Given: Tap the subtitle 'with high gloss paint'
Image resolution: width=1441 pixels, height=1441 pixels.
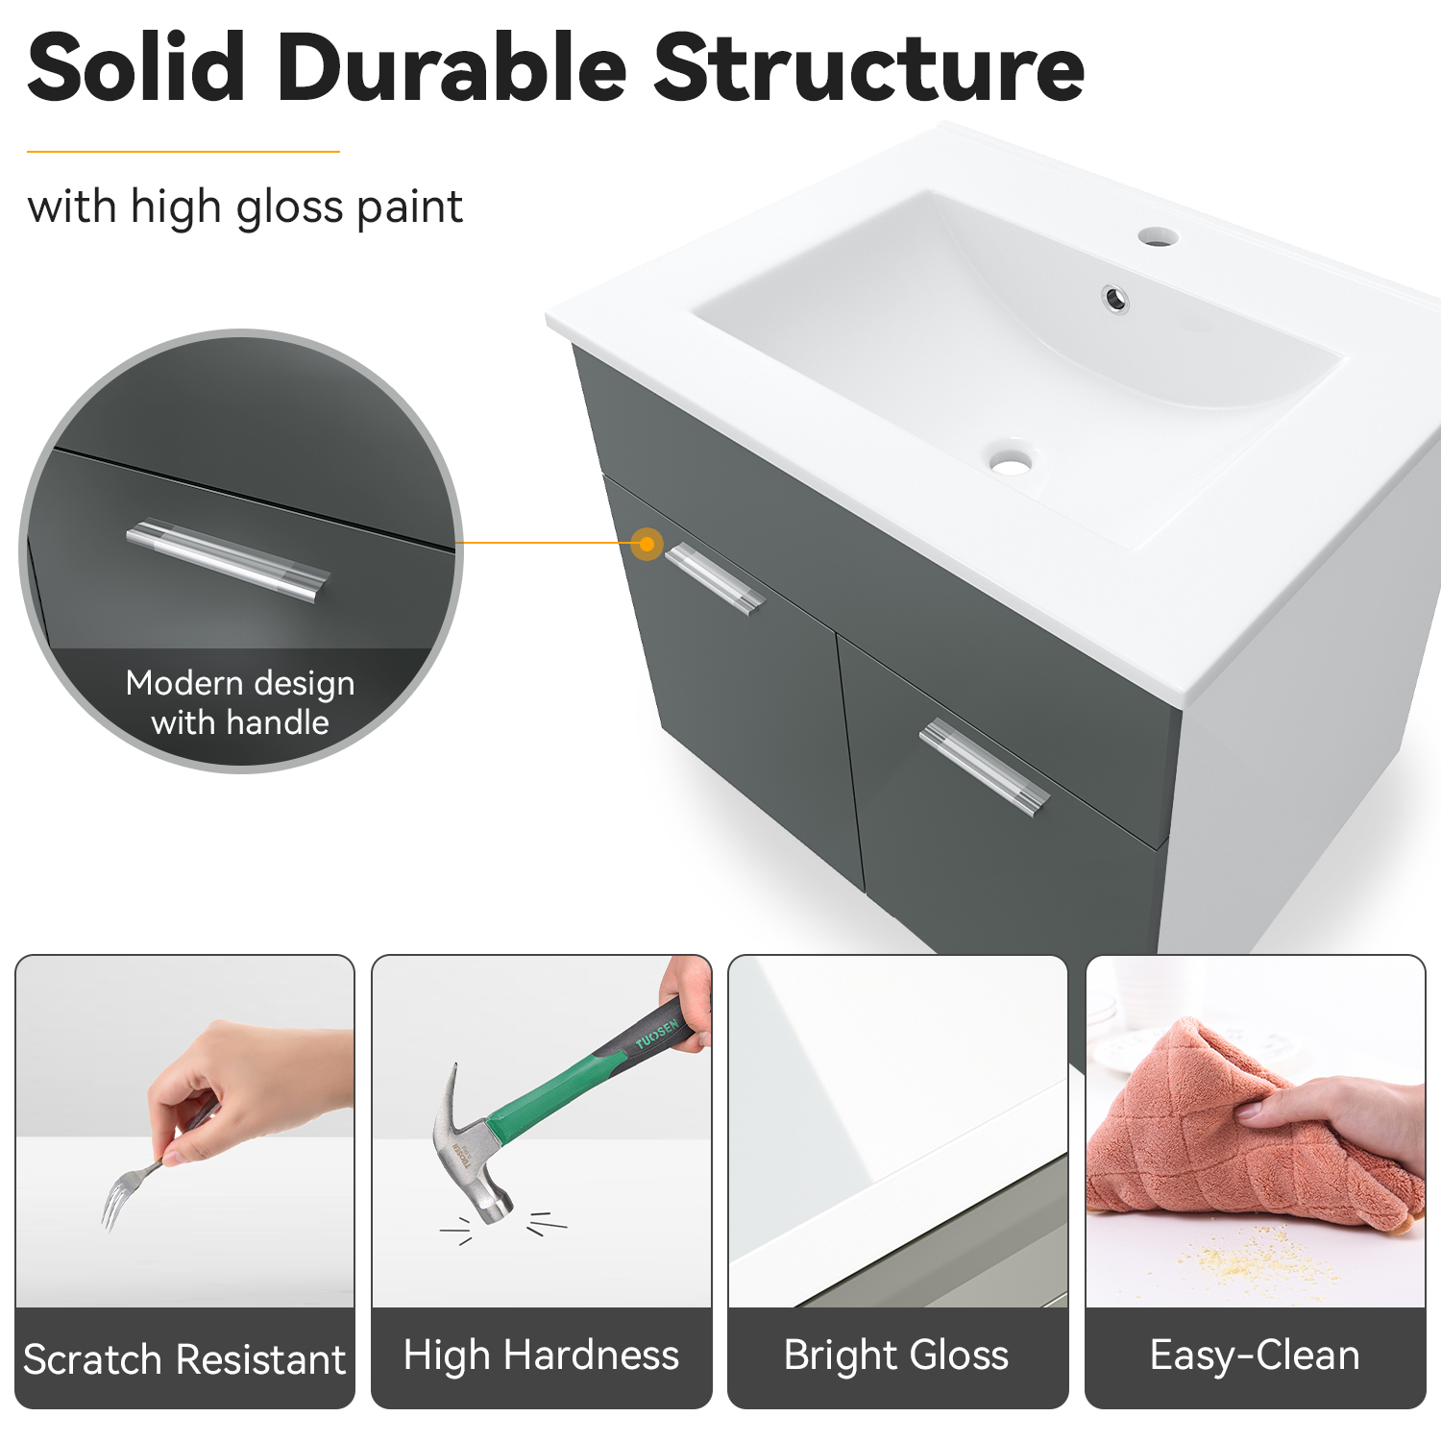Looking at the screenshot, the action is [245, 208].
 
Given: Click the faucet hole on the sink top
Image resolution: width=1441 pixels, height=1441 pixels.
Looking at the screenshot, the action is [1158, 236].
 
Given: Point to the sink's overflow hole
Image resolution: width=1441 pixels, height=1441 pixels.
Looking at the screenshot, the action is [1115, 299].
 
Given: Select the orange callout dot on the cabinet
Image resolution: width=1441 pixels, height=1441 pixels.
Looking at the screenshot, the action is [647, 545].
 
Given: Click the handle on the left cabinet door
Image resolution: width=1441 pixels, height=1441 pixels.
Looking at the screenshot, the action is [714, 578].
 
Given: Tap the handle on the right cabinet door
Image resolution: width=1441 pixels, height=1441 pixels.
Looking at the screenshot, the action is [984, 767].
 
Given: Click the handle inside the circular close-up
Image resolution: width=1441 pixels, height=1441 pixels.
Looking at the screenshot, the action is [229, 561].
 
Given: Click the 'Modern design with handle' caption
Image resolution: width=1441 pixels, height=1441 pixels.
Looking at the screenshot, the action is [240, 702].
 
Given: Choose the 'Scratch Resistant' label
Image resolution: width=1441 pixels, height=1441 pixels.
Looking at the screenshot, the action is [184, 1359].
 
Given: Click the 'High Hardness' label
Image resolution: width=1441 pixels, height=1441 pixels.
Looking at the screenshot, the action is [541, 1356].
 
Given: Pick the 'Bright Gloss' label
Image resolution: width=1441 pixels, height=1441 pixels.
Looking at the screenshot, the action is [896, 1356].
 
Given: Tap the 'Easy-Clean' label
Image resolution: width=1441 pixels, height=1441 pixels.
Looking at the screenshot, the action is [1255, 1356].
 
